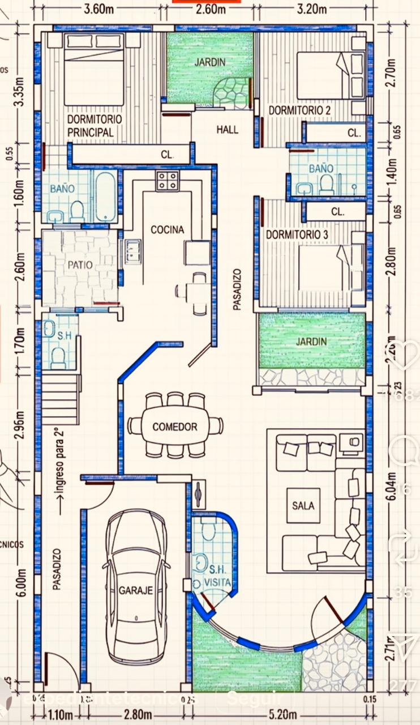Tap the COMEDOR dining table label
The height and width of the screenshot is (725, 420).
[175, 427]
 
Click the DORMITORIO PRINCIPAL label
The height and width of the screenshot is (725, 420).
[94, 126]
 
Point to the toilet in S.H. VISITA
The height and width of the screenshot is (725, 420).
[208, 530]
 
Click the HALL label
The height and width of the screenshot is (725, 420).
[227, 130]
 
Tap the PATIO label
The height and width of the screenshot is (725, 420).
[80, 265]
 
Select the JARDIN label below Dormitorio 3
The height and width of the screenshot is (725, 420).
[311, 342]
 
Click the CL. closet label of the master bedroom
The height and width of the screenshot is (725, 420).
[166, 154]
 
